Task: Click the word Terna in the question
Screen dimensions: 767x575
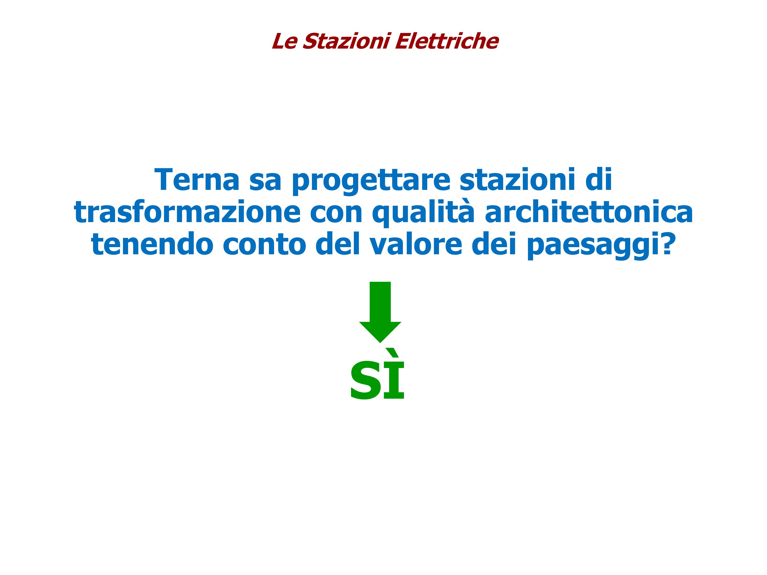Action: click(x=197, y=180)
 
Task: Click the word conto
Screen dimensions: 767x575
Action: click(x=264, y=245)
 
